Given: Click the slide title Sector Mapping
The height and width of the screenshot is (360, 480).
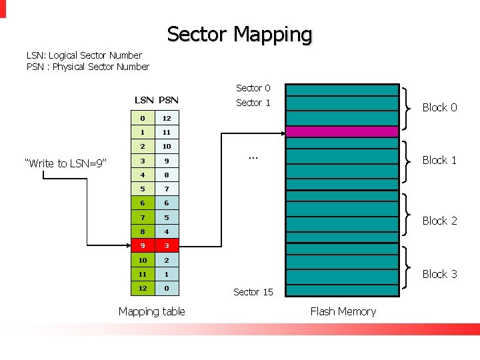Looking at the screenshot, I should [239, 34].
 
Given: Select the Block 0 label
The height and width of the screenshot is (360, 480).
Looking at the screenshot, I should [439, 107].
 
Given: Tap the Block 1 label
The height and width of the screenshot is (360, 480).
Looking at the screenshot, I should [439, 160].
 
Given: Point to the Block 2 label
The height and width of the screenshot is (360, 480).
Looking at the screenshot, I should [439, 221].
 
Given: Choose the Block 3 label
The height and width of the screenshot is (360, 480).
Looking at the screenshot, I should [439, 274].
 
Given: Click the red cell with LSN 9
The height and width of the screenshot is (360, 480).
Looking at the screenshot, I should [143, 245].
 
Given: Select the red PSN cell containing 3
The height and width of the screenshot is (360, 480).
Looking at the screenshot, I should [167, 245].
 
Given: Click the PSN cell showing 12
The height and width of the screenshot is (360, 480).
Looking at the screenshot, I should [167, 118].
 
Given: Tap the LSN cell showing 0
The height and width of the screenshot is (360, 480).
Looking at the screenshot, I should [143, 118].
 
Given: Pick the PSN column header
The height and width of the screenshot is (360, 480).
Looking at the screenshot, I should [168, 100].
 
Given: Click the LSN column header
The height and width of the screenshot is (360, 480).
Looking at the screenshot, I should [144, 100].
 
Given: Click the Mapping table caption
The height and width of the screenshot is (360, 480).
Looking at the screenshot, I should [152, 311].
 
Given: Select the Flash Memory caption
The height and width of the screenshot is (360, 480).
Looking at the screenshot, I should [343, 311].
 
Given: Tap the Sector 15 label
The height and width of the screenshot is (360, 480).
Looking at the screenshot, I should [253, 292].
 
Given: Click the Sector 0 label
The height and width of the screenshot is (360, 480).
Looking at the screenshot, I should [253, 88].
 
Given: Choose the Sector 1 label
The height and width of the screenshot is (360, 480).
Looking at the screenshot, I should [253, 103].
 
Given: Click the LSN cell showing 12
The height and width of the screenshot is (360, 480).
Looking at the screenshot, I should [143, 288].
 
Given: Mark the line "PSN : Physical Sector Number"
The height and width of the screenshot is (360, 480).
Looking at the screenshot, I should [87, 67].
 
